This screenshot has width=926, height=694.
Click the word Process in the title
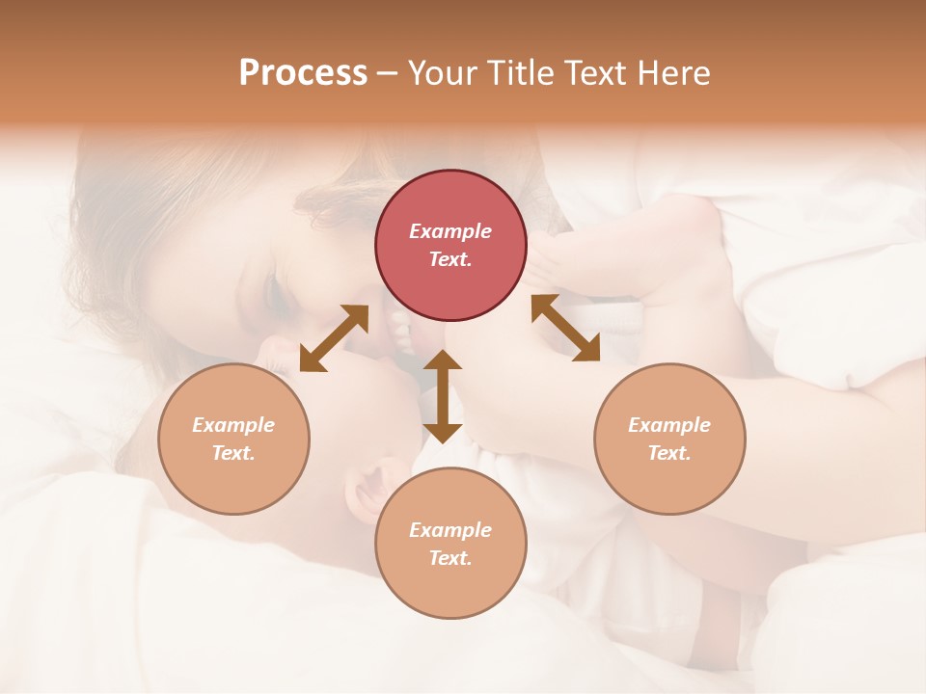point(303,73)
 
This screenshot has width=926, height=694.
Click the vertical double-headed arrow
point(443,396)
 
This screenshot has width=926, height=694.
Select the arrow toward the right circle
point(565,328)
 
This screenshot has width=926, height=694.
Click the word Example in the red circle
point(450,231)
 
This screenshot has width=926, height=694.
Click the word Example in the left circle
point(233,425)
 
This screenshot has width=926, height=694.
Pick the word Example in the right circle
point(669,425)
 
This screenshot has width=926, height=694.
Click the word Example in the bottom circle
point(450,530)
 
